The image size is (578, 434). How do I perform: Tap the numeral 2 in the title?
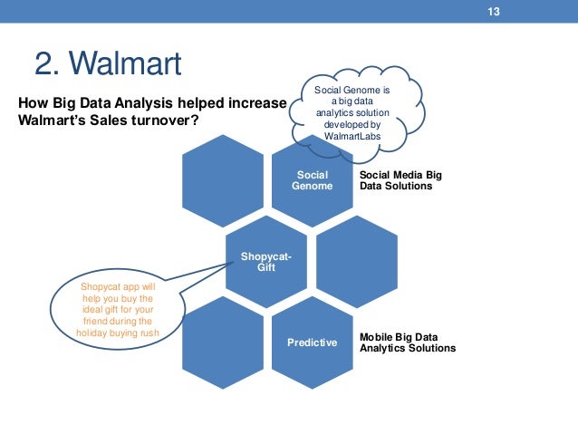coord(43,64)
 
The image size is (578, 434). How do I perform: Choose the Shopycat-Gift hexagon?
coord(266,261)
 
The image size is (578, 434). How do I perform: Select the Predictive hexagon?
coord(312,342)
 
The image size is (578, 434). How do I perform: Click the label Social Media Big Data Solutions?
coord(396,179)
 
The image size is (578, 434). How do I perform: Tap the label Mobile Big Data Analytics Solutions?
coord(407,342)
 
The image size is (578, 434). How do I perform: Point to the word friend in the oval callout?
coord(99,321)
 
